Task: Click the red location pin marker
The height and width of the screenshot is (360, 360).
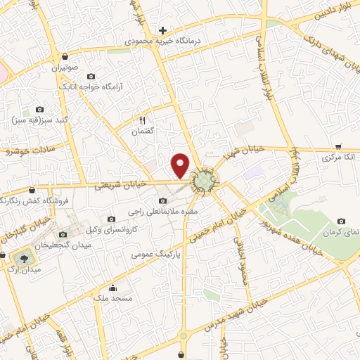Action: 181,165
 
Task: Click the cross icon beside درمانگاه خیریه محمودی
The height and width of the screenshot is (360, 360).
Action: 163,30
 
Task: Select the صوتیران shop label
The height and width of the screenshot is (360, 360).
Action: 65,68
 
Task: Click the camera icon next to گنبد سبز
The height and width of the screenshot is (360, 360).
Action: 39,110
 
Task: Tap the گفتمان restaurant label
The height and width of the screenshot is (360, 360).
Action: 143,131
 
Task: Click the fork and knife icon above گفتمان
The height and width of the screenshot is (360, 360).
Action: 143,120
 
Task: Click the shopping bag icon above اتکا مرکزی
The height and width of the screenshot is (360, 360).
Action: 338,147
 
